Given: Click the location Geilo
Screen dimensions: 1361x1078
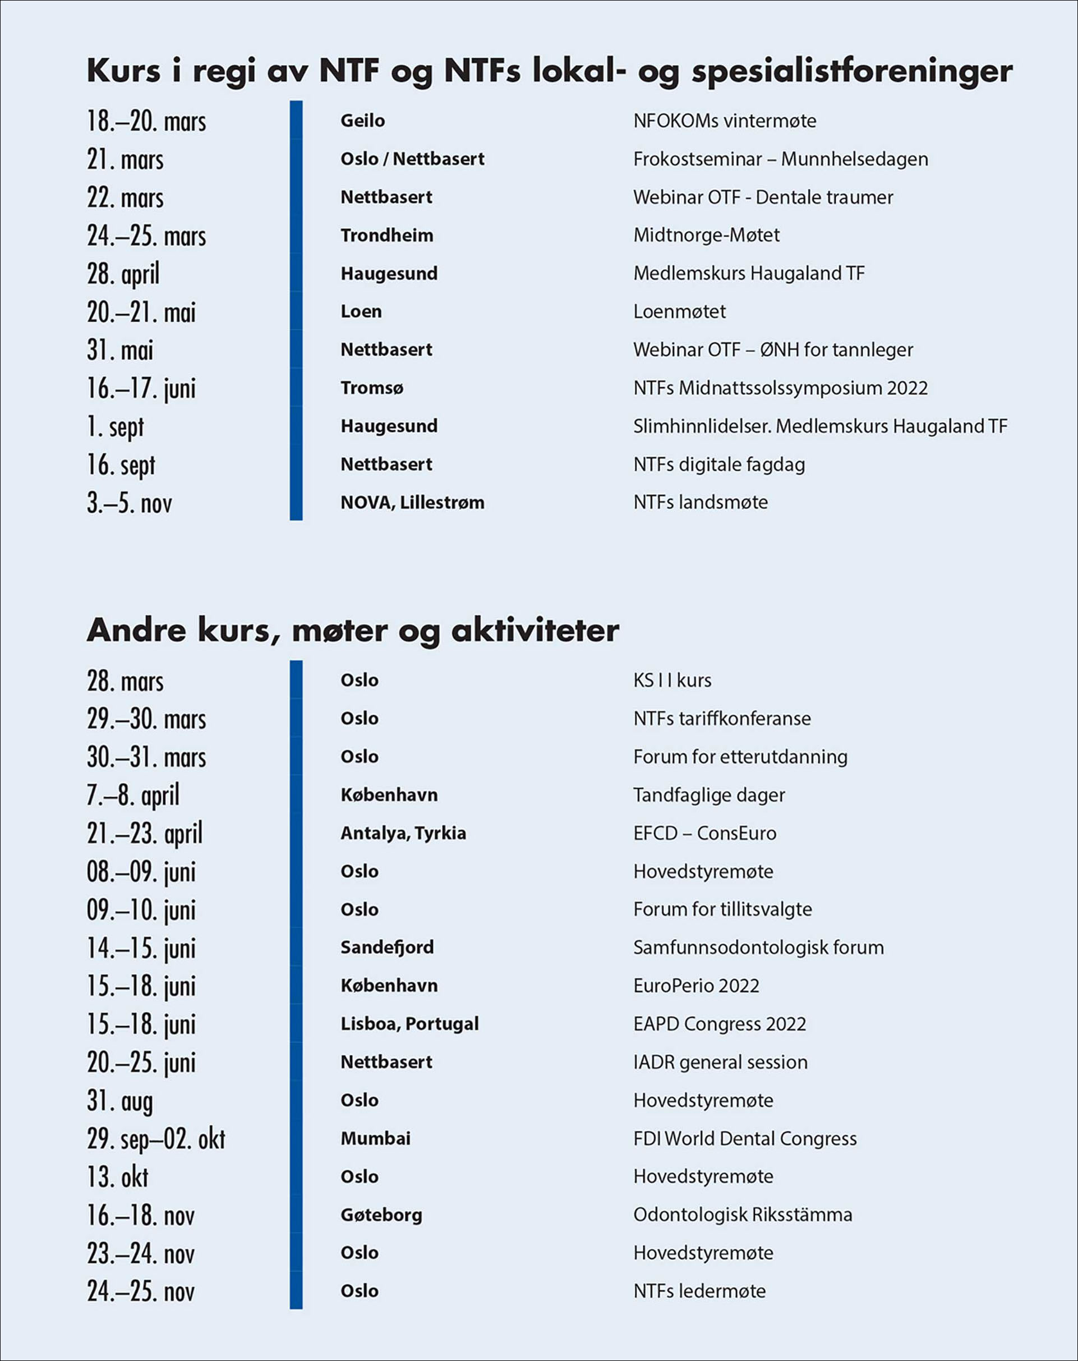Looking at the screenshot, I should [x=362, y=121].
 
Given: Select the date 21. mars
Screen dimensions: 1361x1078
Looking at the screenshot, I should [x=125, y=160].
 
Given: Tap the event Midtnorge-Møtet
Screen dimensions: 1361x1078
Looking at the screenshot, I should [x=706, y=235].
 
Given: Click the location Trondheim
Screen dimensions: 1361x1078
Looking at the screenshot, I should [x=386, y=236].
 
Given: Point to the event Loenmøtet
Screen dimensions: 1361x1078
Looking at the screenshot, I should [x=679, y=311].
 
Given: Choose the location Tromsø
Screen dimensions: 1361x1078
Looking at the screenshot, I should [x=372, y=388].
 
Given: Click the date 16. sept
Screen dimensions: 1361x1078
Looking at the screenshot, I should [x=121, y=465].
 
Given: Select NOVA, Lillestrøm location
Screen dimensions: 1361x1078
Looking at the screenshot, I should [x=412, y=503].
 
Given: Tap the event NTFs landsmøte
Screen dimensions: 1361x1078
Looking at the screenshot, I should [x=701, y=503].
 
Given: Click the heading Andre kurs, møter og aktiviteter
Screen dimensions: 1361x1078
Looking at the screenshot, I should [x=353, y=630].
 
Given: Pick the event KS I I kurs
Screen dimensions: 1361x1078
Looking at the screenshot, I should [x=672, y=680].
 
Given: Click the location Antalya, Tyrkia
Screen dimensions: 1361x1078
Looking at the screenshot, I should [x=403, y=833].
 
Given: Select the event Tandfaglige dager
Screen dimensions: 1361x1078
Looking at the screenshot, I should [x=709, y=795].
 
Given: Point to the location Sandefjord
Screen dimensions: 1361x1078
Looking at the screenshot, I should [x=387, y=947].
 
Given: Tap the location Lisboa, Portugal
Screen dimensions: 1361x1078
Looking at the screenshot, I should [x=409, y=1023].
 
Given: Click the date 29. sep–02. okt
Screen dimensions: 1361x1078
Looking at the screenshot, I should [x=156, y=1139].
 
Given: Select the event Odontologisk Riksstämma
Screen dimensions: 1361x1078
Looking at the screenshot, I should [x=742, y=1215].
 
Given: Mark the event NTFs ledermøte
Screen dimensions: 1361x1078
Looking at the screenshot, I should [x=699, y=1291].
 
